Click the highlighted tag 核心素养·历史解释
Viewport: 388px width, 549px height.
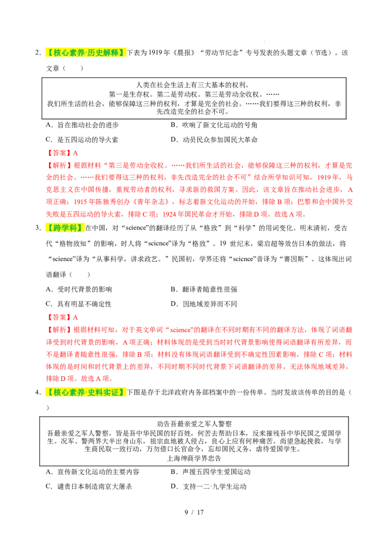pyautogui.click(x=85, y=53)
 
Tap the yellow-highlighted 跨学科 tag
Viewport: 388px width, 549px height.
pyautogui.click(x=65, y=228)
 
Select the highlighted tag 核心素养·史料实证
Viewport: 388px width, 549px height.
pyautogui.click(x=85, y=392)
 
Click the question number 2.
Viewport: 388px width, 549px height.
pyautogui.click(x=38, y=53)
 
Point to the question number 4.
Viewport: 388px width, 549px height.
pyautogui.click(x=38, y=392)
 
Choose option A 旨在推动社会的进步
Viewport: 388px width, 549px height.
pyautogui.click(x=82, y=125)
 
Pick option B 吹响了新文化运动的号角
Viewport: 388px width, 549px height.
pyautogui.click(x=214, y=125)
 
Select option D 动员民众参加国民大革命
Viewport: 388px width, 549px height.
pyautogui.click(x=214, y=140)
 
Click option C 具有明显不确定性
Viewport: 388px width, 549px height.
pyautogui.click(x=79, y=304)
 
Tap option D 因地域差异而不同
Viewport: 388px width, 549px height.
pyautogui.click(x=204, y=304)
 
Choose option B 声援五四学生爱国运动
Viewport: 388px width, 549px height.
pyautogui.click(x=211, y=471)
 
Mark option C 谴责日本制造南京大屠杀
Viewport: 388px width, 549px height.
pyautogui.click(x=89, y=486)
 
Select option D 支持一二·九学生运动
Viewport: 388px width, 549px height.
pyautogui.click(x=209, y=486)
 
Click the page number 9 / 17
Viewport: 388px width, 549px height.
pyautogui.click(x=194, y=512)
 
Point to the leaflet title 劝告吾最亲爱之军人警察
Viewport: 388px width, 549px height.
pyautogui.click(x=194, y=424)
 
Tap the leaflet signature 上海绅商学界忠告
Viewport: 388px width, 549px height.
pyautogui.click(x=194, y=458)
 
